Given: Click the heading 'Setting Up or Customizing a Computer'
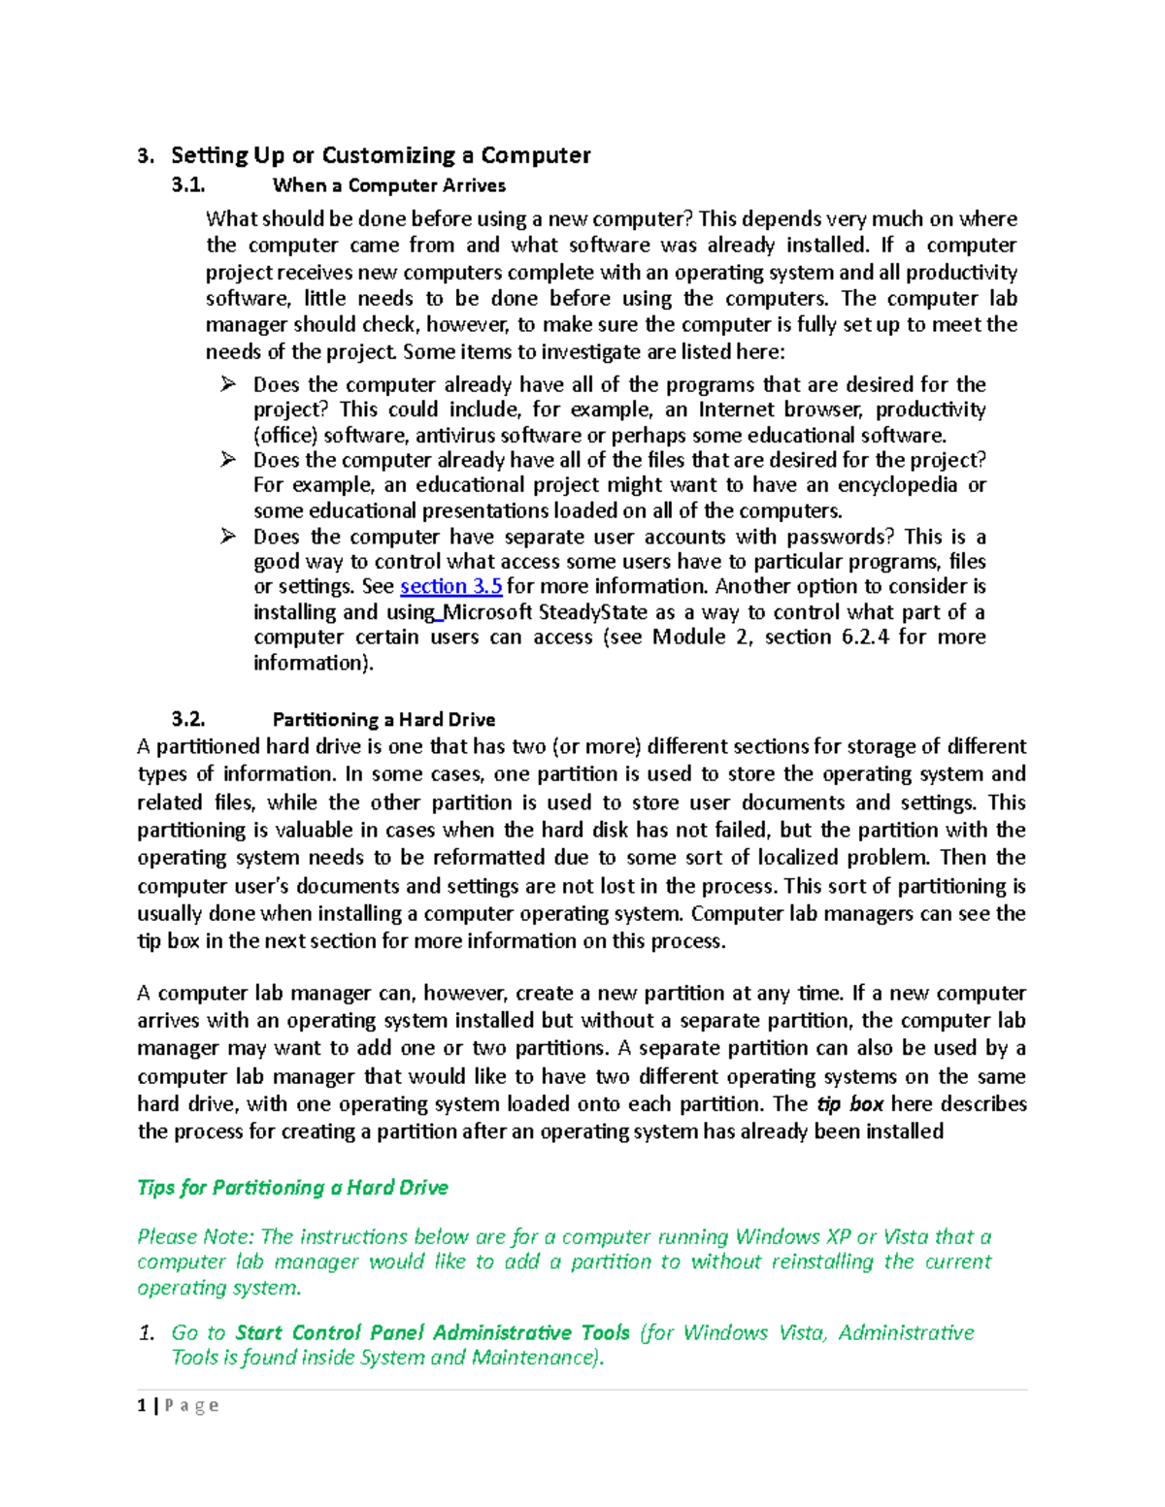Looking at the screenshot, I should [381, 155].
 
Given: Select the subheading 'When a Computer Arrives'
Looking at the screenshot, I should [388, 185].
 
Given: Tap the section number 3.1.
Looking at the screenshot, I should [188, 185].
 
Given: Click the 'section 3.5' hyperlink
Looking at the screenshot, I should [450, 586].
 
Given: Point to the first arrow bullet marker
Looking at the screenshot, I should [228, 384].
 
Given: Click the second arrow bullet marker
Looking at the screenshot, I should [228, 460].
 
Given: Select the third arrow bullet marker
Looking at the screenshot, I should [228, 537].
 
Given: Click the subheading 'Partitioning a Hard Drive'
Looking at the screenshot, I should [383, 719].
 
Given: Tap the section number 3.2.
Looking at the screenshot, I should [188, 719].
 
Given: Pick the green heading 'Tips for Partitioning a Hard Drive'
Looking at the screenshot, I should [292, 1188].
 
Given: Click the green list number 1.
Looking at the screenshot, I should [146, 1333].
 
